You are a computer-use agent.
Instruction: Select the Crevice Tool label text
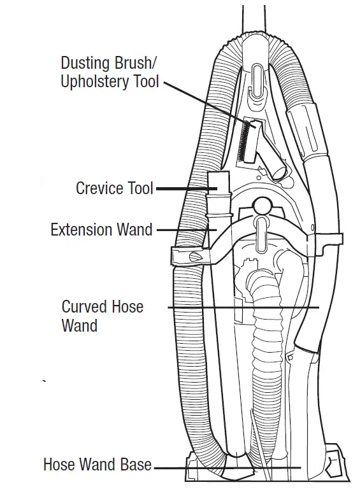115,188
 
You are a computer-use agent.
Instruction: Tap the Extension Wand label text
101,229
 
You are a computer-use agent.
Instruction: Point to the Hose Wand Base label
97,464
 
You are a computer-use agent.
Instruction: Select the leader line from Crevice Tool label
182,188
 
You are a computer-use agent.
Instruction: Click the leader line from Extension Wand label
182,229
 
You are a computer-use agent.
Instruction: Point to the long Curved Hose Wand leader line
242,307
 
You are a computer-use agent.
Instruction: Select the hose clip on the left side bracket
192,257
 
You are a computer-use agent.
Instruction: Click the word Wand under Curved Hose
80,326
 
